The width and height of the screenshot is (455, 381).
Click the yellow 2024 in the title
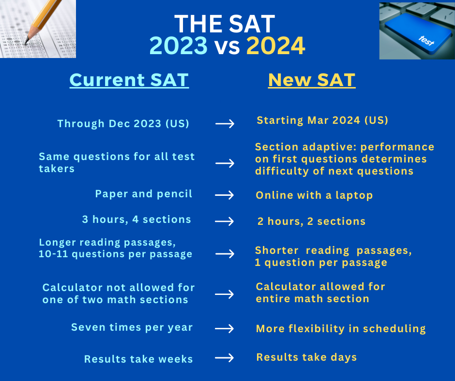276,45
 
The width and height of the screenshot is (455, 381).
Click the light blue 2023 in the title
179,45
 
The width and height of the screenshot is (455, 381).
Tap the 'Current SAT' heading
129,80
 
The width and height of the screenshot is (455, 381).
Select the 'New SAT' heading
312,80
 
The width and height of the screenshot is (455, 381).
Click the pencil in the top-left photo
44,20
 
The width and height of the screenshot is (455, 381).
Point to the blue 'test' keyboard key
415,32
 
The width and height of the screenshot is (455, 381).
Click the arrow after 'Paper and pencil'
224,195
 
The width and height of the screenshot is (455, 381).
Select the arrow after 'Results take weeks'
224,357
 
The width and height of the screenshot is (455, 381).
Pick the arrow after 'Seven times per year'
224,328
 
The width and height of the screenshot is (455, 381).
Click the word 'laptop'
354,195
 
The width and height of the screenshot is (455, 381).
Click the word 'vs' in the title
227,47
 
